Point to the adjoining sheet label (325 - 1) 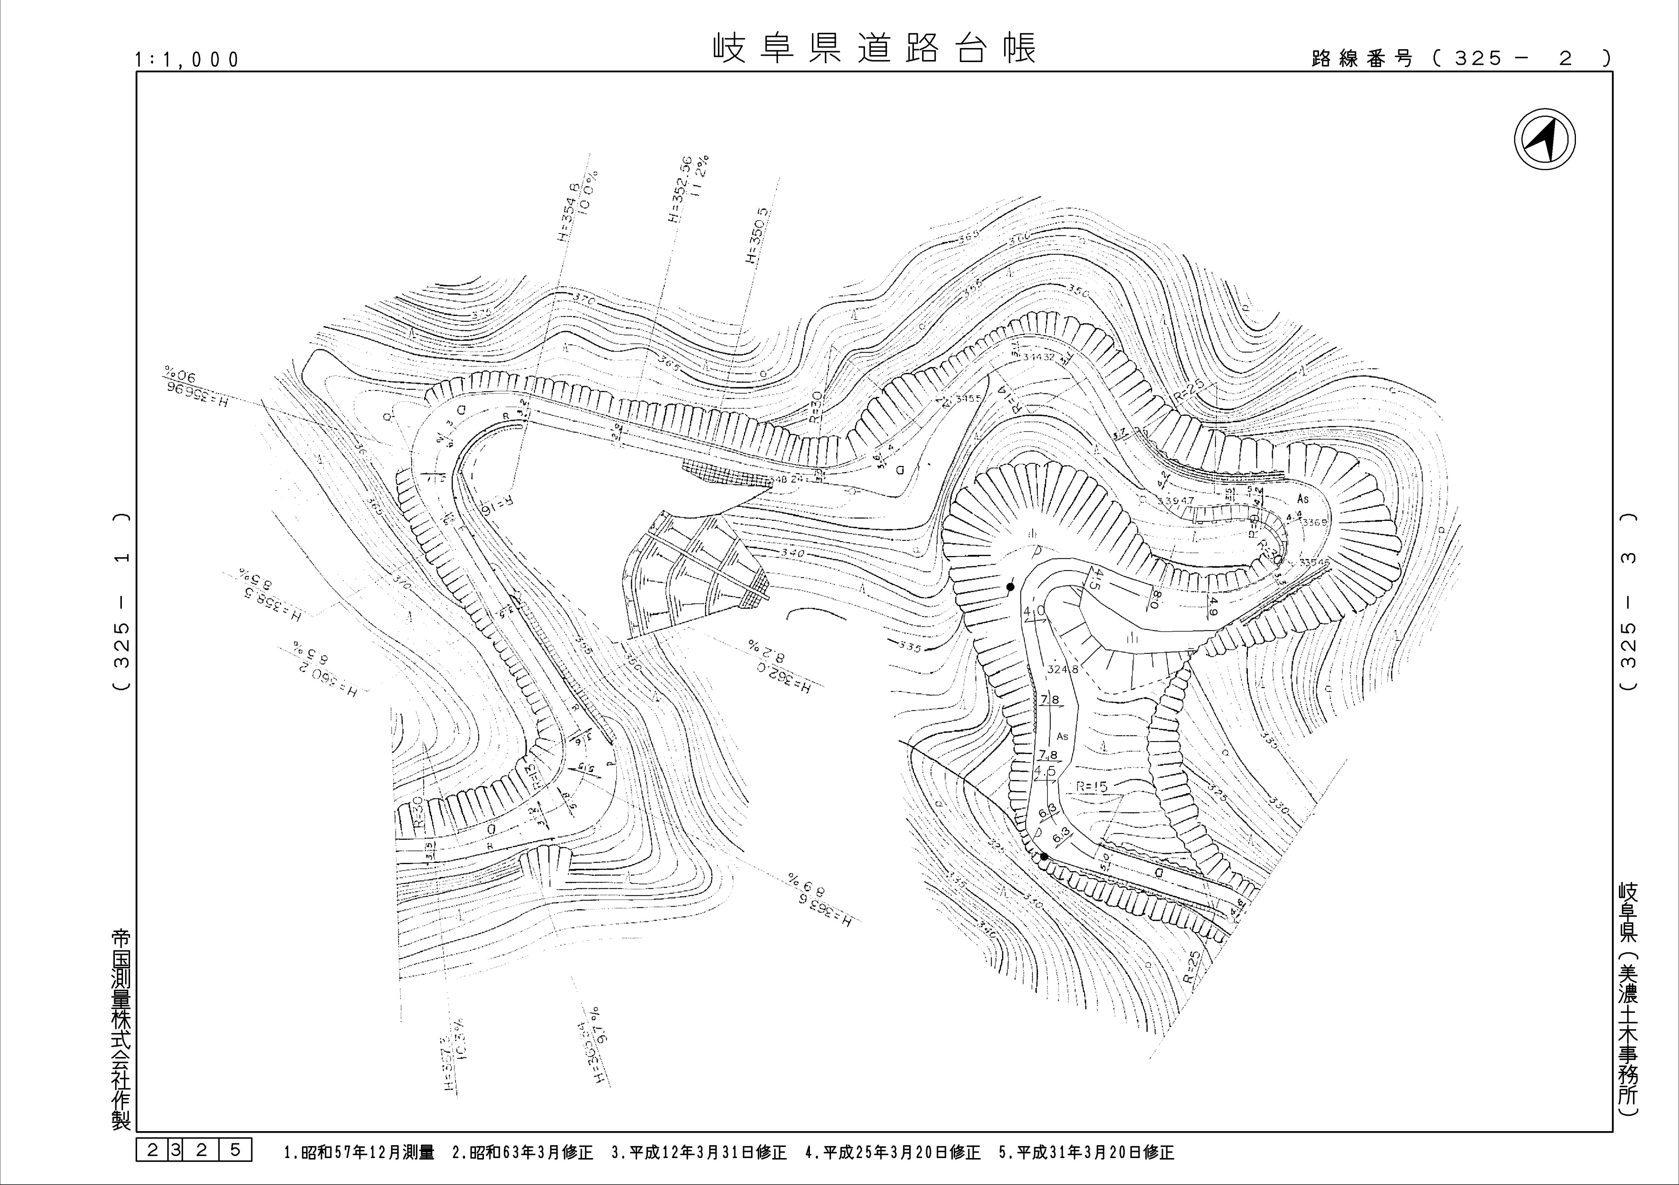[122, 601]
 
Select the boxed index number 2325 [194, 1150]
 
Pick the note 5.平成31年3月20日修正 [1087, 1153]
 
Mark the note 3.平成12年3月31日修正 [698, 1153]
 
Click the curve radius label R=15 [1092, 787]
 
